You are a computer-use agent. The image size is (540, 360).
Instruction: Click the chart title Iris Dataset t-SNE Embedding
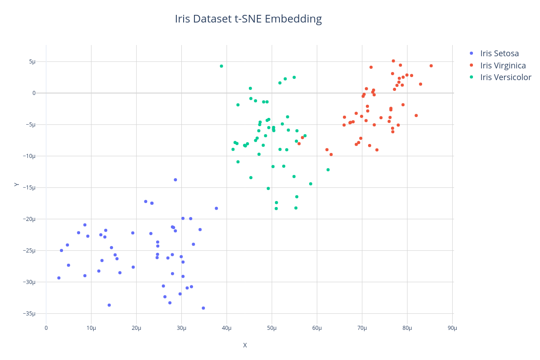(248, 19)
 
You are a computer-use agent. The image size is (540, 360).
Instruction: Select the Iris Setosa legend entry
(499, 54)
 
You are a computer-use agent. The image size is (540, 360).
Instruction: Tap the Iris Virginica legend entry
(503, 66)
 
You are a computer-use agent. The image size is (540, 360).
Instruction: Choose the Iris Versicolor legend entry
(505, 77)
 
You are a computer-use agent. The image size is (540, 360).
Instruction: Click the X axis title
(245, 346)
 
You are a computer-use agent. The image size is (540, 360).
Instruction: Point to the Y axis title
(17, 184)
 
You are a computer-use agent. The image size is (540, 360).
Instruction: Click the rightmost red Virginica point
(431, 66)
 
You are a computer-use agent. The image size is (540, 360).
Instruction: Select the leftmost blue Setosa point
(59, 278)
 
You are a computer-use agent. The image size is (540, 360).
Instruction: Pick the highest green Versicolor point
(221, 66)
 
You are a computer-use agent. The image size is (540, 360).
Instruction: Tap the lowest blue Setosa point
(203, 308)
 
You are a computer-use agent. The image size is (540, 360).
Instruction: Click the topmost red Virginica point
(393, 61)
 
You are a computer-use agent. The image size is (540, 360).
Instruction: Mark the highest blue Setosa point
(175, 180)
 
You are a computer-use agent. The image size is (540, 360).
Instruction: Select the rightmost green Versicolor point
(328, 170)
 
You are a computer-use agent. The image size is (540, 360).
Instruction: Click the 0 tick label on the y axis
(40, 93)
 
